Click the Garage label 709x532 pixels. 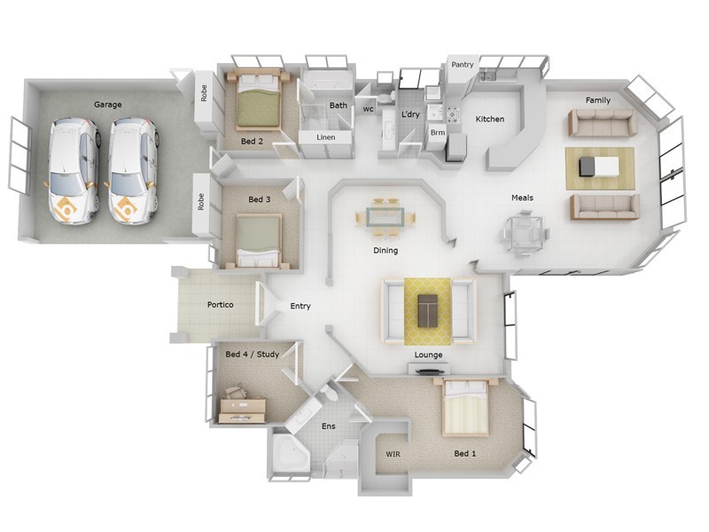click(x=107, y=105)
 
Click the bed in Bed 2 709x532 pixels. click(x=258, y=104)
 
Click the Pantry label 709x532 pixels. click(x=463, y=65)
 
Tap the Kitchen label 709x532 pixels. click(x=490, y=119)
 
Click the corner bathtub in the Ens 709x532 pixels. click(x=289, y=454)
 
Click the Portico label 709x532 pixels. click(x=220, y=305)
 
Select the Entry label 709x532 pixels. click(x=300, y=306)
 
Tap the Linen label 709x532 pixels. click(x=325, y=137)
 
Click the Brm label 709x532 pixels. click(x=437, y=133)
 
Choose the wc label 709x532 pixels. click(x=368, y=109)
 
